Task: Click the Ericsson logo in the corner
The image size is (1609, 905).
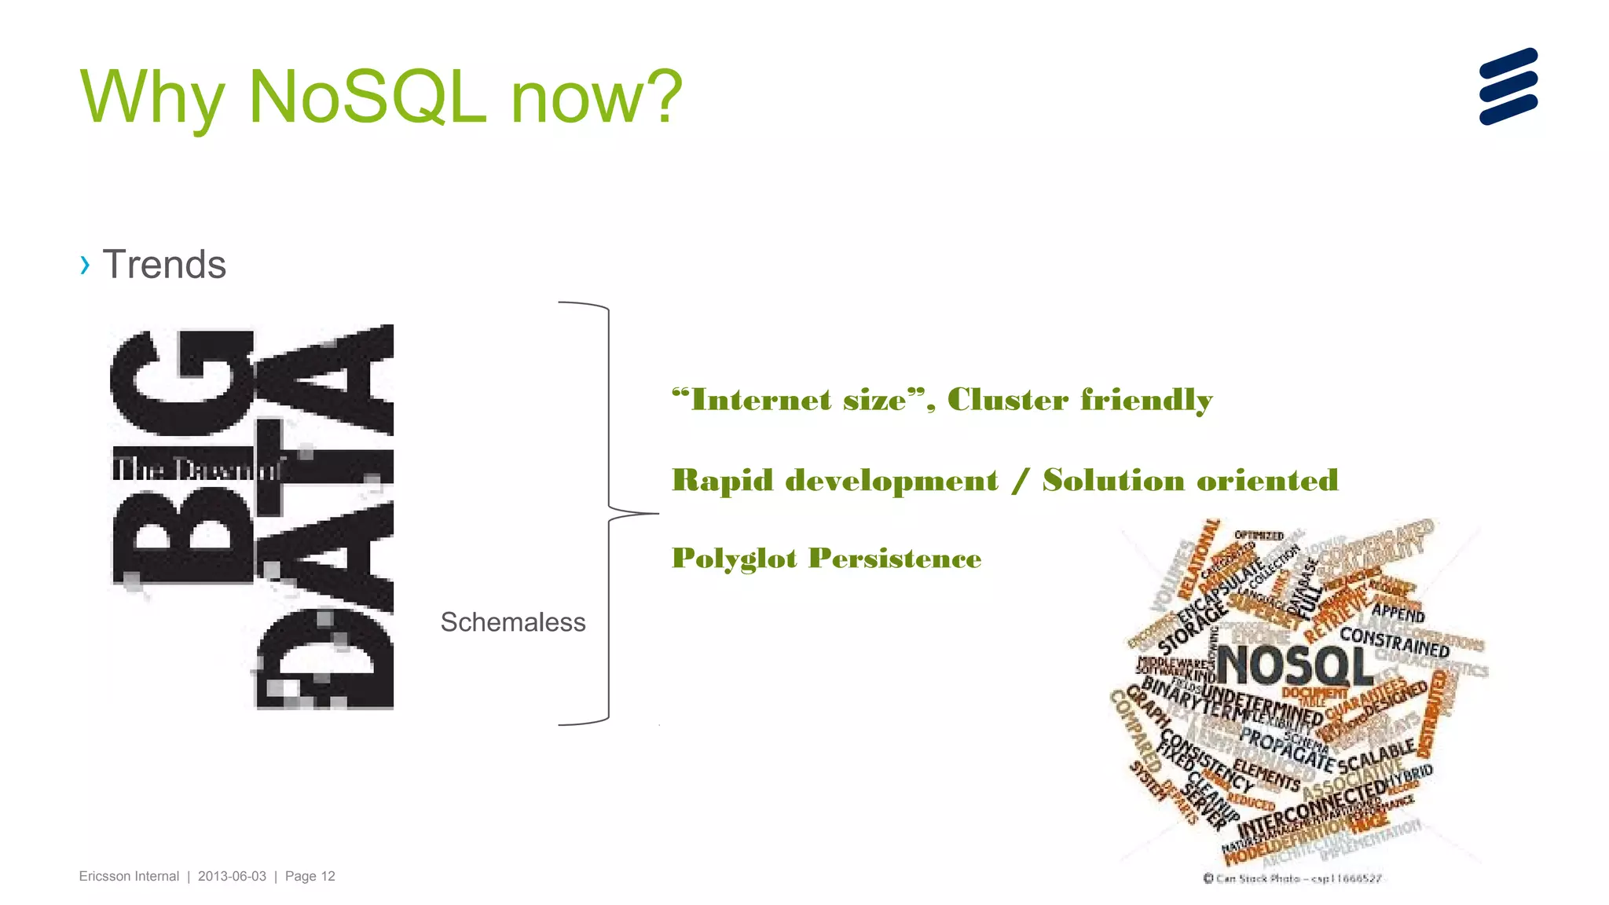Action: tap(1508, 86)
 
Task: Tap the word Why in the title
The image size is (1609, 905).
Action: tap(152, 97)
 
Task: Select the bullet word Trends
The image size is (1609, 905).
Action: tap(164, 265)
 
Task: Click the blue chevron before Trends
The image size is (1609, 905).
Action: tap(85, 265)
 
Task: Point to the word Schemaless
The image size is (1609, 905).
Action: tap(512, 622)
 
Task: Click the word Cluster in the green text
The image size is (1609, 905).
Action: tap(1007, 400)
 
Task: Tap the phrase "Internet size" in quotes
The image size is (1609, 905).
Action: tap(797, 400)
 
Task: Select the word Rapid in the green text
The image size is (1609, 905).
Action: tap(722, 480)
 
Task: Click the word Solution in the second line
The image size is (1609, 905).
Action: tap(1113, 480)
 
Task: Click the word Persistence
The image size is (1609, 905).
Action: tap(895, 559)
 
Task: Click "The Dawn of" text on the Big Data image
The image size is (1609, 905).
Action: tap(196, 470)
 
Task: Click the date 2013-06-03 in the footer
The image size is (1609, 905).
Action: tap(232, 876)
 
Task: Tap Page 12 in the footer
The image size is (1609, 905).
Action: tap(310, 876)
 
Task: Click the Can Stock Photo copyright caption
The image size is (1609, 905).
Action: tap(1292, 878)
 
